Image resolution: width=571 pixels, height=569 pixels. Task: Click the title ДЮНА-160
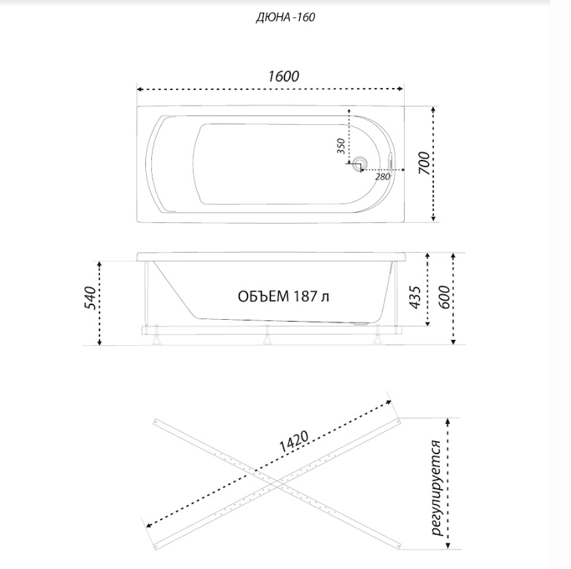point(285,17)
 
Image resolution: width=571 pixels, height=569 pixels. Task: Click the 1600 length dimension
point(284,77)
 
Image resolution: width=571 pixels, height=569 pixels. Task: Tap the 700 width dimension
point(424,164)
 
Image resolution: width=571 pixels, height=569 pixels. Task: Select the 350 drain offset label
point(340,146)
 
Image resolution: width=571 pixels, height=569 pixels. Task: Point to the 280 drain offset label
point(383,177)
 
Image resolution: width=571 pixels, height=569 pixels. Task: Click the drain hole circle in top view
point(360,163)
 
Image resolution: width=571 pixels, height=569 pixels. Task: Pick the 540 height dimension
point(89,298)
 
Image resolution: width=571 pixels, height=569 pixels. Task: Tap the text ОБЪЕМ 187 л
point(284,296)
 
